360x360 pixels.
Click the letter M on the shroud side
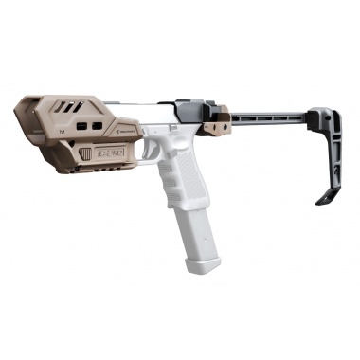tap(60, 120)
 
